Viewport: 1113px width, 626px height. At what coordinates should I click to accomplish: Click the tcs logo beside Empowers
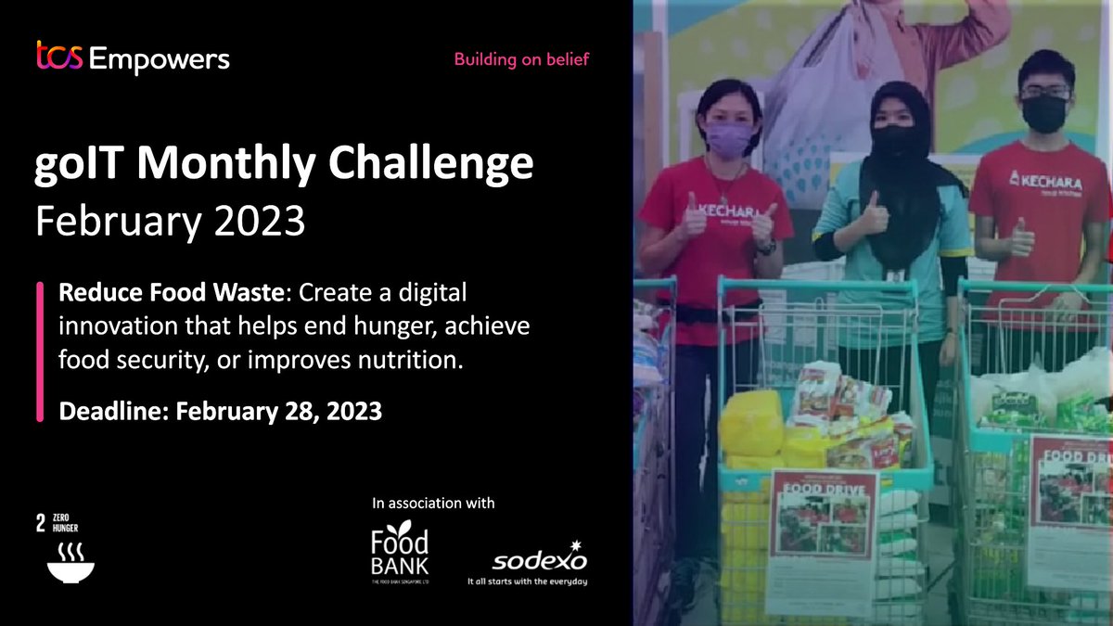tap(59, 57)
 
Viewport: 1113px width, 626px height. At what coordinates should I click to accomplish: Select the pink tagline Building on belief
tap(521, 60)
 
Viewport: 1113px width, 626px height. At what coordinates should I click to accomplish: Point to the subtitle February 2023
tap(170, 221)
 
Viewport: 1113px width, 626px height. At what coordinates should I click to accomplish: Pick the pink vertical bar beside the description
tap(40, 352)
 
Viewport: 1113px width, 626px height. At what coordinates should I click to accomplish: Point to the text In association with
tap(433, 504)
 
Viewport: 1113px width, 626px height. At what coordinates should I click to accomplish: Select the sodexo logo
tap(540, 559)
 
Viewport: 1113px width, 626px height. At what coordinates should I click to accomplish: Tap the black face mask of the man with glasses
tap(1044, 112)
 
